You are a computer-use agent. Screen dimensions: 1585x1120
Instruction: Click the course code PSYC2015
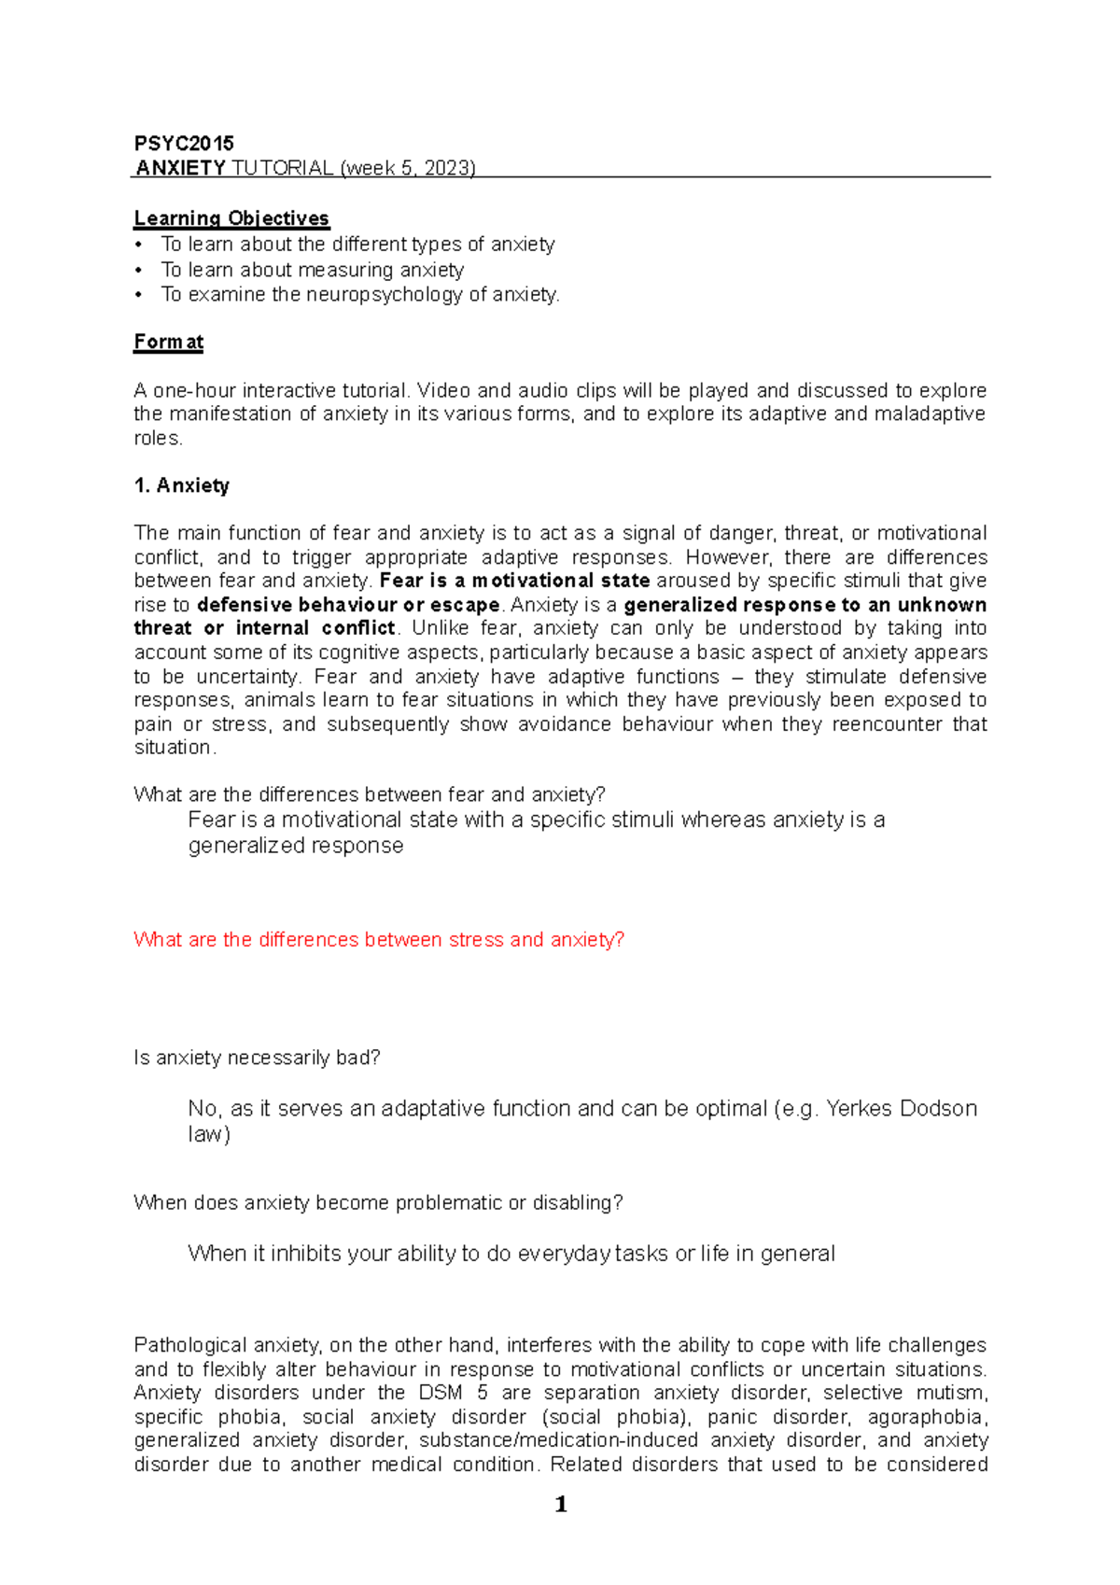click(184, 143)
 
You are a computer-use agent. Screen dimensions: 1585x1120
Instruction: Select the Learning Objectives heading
click(231, 218)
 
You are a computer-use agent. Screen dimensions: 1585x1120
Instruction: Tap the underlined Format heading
click(169, 342)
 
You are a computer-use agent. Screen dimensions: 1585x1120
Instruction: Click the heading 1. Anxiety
click(181, 485)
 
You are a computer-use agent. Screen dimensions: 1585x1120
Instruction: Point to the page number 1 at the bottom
click(561, 1504)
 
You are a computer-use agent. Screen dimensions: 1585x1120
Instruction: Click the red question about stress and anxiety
click(379, 939)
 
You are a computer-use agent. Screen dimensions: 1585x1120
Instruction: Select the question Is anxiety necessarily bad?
click(257, 1058)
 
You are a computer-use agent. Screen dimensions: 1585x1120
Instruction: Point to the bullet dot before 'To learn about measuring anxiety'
click(139, 270)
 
